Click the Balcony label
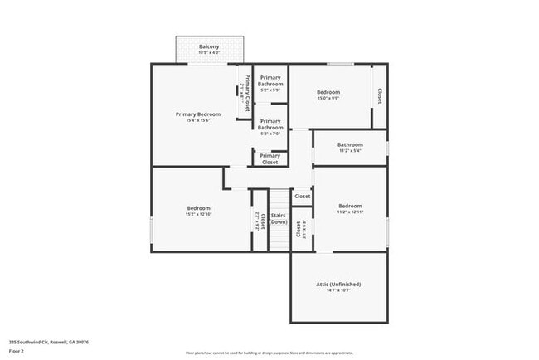(209, 46)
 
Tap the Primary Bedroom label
(198, 114)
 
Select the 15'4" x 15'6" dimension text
(198, 120)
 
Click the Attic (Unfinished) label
(338, 284)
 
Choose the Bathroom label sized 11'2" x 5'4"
(350, 144)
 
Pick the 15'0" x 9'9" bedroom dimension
(328, 98)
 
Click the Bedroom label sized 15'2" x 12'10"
(198, 207)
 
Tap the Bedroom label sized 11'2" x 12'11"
(350, 206)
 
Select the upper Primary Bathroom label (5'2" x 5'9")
(270, 81)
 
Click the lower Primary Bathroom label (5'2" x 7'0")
(270, 124)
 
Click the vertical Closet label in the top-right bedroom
(380, 95)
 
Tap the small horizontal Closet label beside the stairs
(302, 197)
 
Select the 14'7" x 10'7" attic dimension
(338, 290)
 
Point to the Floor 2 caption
(17, 351)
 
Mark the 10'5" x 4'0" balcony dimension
(209, 52)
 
